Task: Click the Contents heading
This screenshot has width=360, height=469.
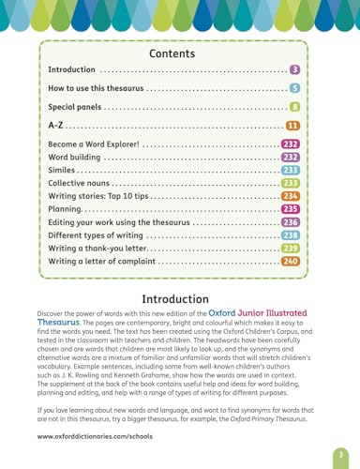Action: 179,54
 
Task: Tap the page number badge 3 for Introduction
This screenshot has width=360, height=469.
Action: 294,70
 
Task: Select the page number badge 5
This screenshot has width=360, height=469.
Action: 294,88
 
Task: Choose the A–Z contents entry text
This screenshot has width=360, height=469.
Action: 56,126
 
